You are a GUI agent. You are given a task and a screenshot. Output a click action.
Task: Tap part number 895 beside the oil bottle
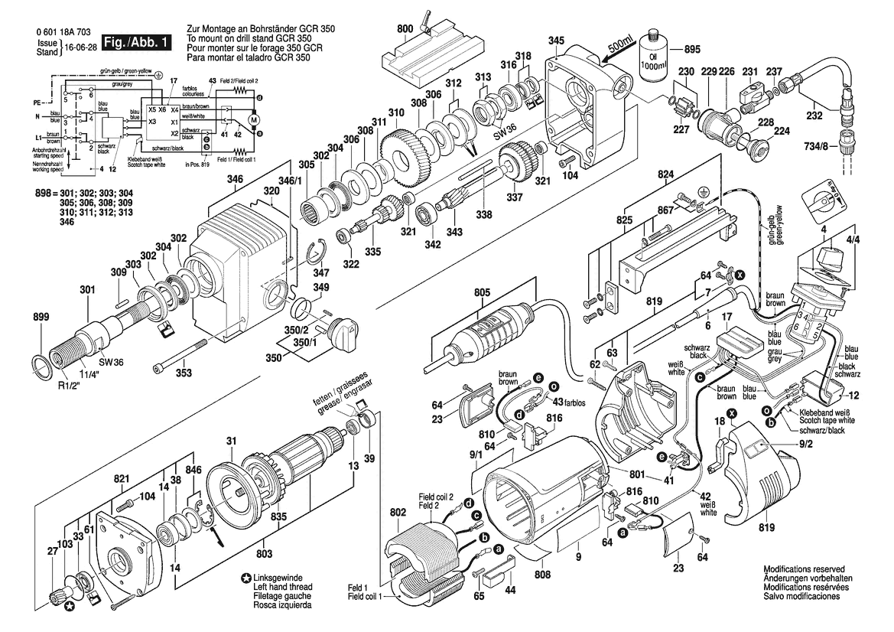pyautogui.click(x=691, y=50)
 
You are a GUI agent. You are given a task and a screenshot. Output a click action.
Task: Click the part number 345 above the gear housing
pyautogui.click(x=556, y=40)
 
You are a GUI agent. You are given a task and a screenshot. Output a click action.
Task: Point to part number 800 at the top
pyautogui.click(x=405, y=29)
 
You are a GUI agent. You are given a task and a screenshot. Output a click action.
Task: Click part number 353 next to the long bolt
pyautogui.click(x=184, y=373)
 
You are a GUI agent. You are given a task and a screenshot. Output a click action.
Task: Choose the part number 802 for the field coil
pyautogui.click(x=398, y=512)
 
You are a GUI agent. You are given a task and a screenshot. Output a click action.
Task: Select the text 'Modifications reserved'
pyautogui.click(x=803, y=570)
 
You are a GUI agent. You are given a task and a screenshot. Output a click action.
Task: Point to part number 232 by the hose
pyautogui.click(x=814, y=116)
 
